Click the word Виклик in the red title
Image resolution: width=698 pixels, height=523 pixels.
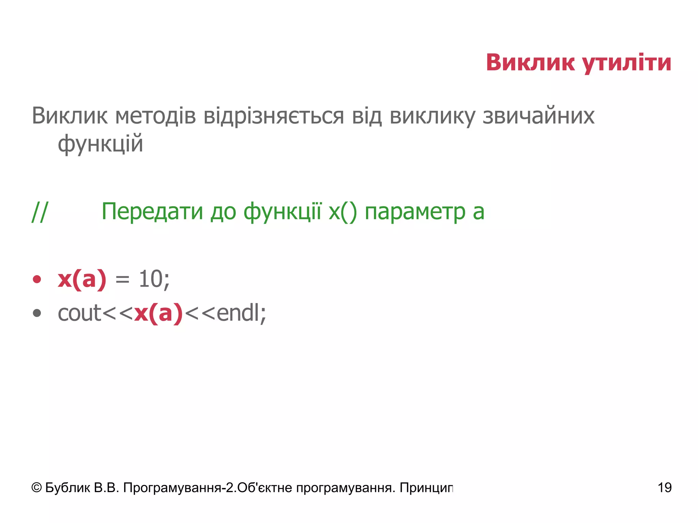[530, 63]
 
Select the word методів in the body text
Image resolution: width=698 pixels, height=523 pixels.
[155, 116]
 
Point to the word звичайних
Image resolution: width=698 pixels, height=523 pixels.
[538, 116]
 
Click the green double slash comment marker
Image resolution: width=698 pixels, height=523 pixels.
[40, 212]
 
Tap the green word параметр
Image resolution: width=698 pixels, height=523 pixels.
[415, 212]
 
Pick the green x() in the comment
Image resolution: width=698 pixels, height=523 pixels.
[343, 212]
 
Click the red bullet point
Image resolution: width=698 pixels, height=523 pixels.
[37, 280]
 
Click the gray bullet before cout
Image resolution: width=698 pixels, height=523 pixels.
[37, 313]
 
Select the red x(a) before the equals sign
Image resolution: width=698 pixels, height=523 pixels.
[82, 280]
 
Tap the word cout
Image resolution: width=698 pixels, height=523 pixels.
[79, 313]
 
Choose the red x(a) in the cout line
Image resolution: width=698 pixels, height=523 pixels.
[158, 313]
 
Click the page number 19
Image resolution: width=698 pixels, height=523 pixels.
[664, 488]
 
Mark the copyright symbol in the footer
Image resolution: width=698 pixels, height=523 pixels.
[36, 488]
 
